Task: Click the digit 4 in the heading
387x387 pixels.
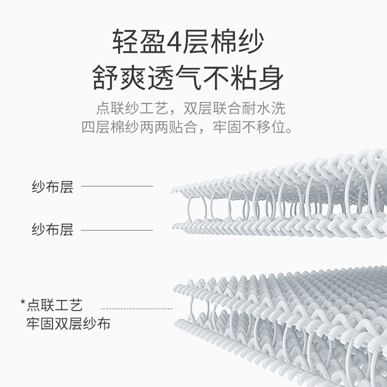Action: click(174, 42)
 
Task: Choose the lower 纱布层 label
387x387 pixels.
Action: click(52, 229)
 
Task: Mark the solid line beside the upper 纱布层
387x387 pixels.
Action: click(117, 186)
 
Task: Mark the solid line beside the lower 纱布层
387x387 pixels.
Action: click(117, 230)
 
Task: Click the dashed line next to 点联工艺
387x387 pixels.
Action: click(136, 308)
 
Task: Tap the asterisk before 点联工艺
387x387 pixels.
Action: click(22, 304)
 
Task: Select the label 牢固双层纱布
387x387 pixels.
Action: click(68, 323)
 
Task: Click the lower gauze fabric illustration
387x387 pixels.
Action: click(281, 319)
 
